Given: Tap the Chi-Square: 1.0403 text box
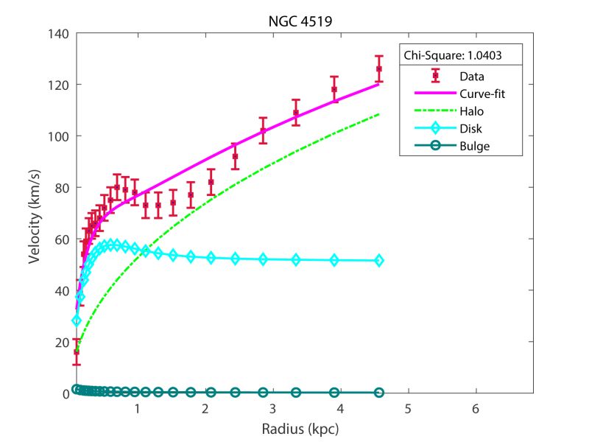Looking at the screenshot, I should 462,55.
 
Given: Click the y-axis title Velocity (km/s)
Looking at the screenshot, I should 35,214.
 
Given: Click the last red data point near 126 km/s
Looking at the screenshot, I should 378,69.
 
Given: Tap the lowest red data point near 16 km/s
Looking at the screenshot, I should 76,352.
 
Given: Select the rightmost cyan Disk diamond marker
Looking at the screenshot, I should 378,260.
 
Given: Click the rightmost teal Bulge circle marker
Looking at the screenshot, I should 378,393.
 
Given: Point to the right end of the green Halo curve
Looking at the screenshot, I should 378,114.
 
